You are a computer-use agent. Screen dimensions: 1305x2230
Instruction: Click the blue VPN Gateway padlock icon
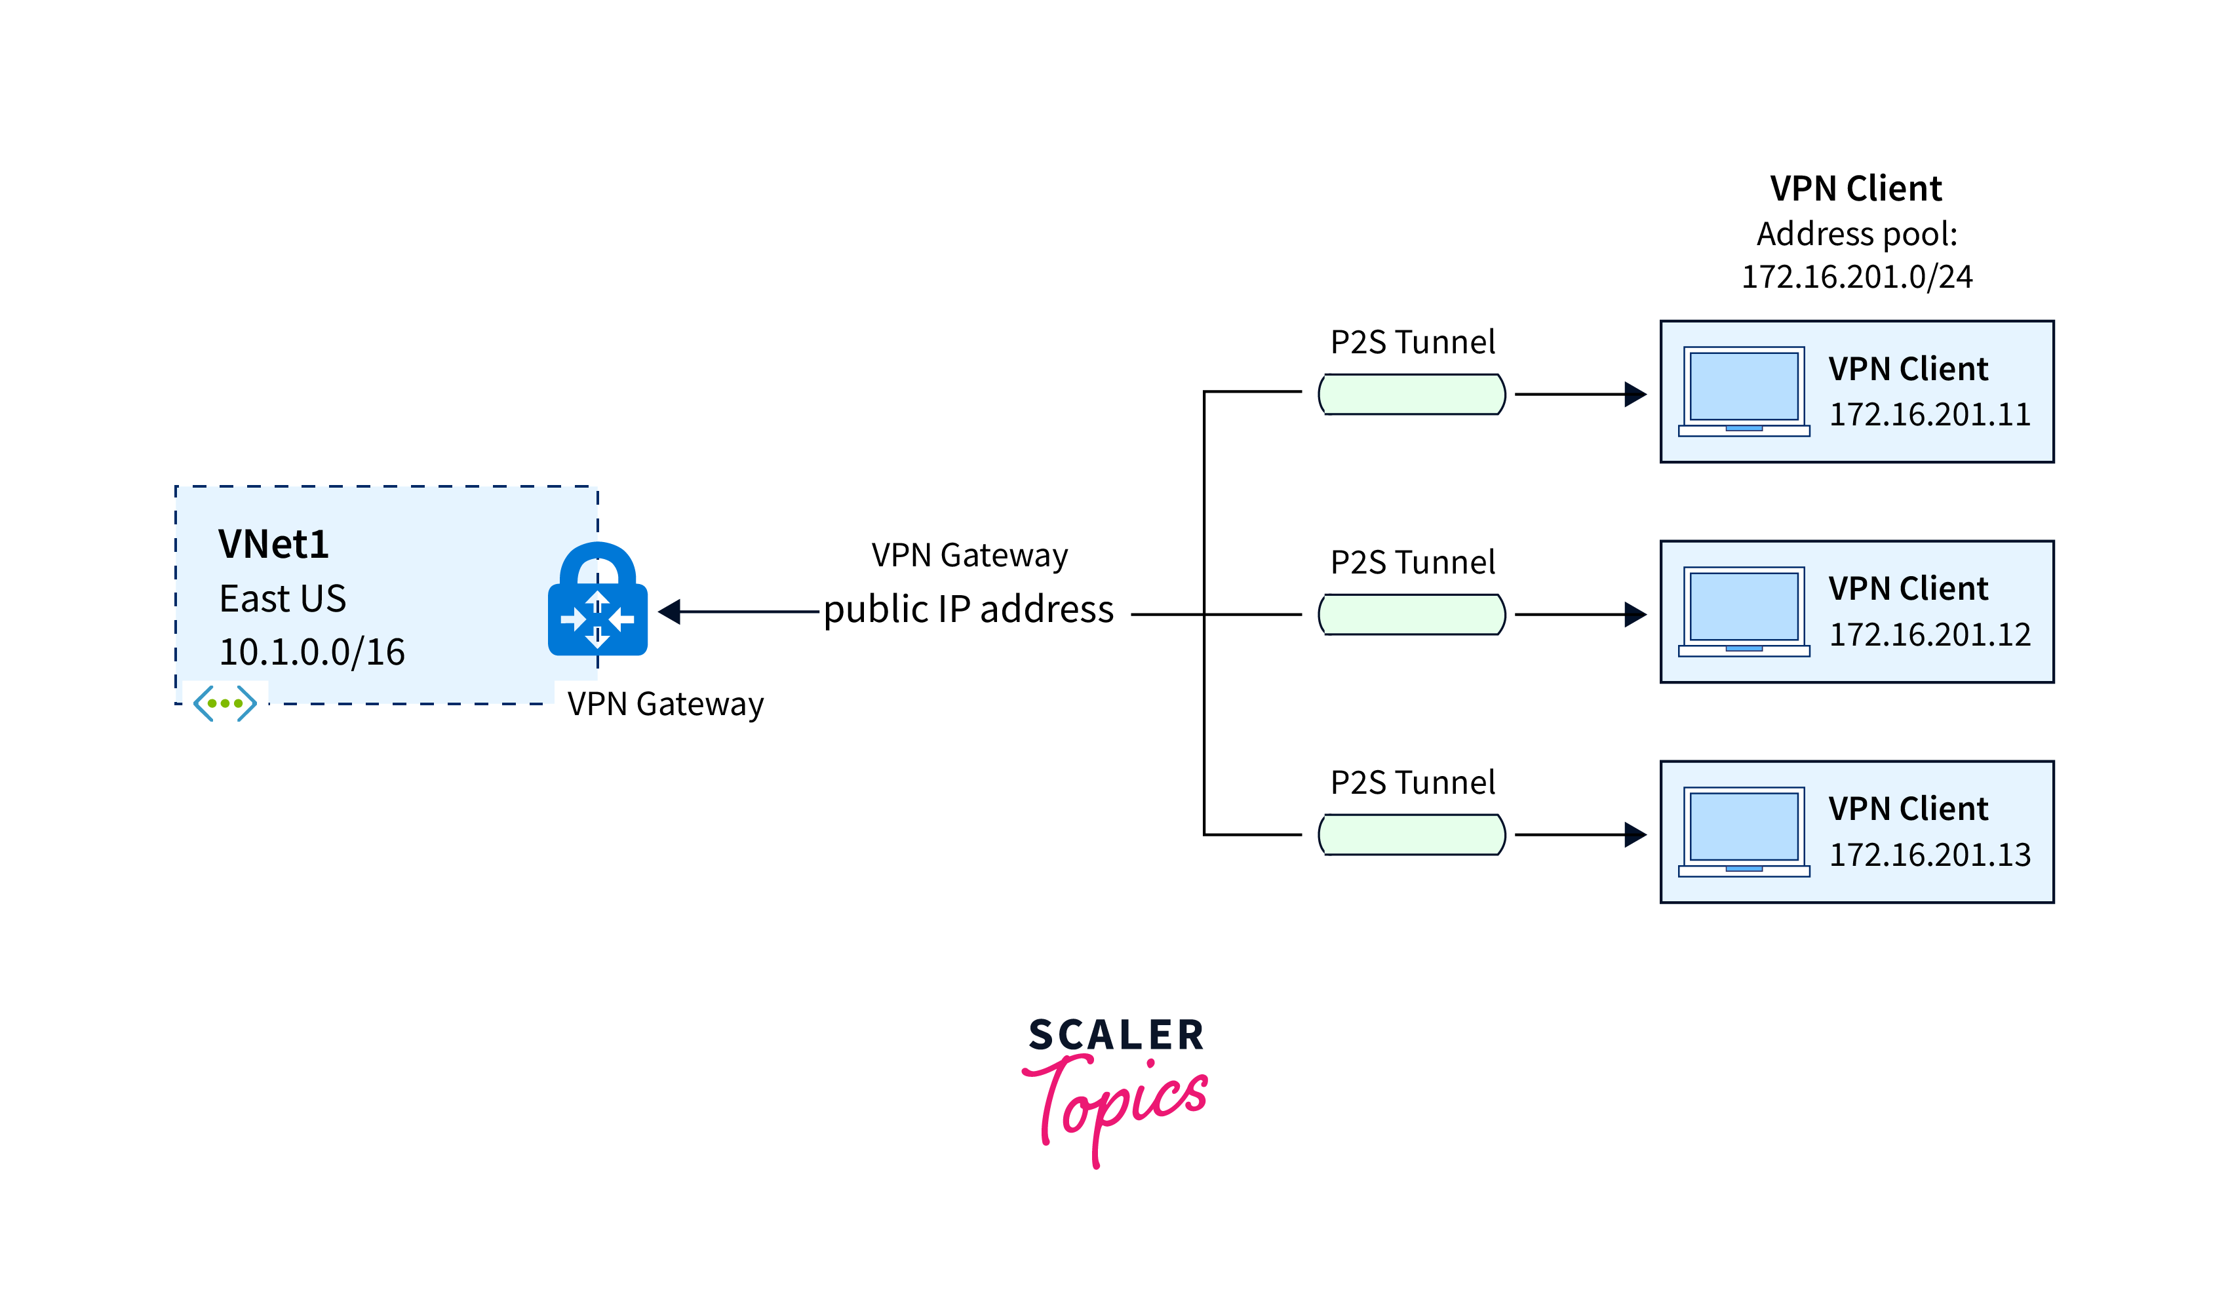(597, 602)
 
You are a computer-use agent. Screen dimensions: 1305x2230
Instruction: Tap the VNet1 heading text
(273, 544)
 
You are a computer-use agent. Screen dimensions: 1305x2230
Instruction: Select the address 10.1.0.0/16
(311, 653)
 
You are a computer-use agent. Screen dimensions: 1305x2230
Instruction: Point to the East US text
(283, 599)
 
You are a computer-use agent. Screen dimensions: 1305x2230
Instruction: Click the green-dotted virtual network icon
(225, 703)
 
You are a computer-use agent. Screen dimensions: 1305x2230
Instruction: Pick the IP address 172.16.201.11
(1929, 415)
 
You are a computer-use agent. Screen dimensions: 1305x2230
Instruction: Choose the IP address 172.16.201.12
(1929, 635)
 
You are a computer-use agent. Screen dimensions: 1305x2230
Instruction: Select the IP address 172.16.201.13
(1929, 855)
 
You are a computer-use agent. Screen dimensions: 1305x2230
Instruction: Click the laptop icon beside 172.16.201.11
(1744, 392)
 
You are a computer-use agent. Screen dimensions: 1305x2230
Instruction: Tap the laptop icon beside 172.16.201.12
(1744, 612)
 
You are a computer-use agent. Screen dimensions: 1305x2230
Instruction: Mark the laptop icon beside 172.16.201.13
(1744, 832)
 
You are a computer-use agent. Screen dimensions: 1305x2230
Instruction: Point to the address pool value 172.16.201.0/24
(1856, 277)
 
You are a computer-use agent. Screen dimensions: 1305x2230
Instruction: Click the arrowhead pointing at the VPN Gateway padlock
(670, 612)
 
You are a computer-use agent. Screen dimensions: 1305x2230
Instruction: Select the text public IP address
(968, 610)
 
